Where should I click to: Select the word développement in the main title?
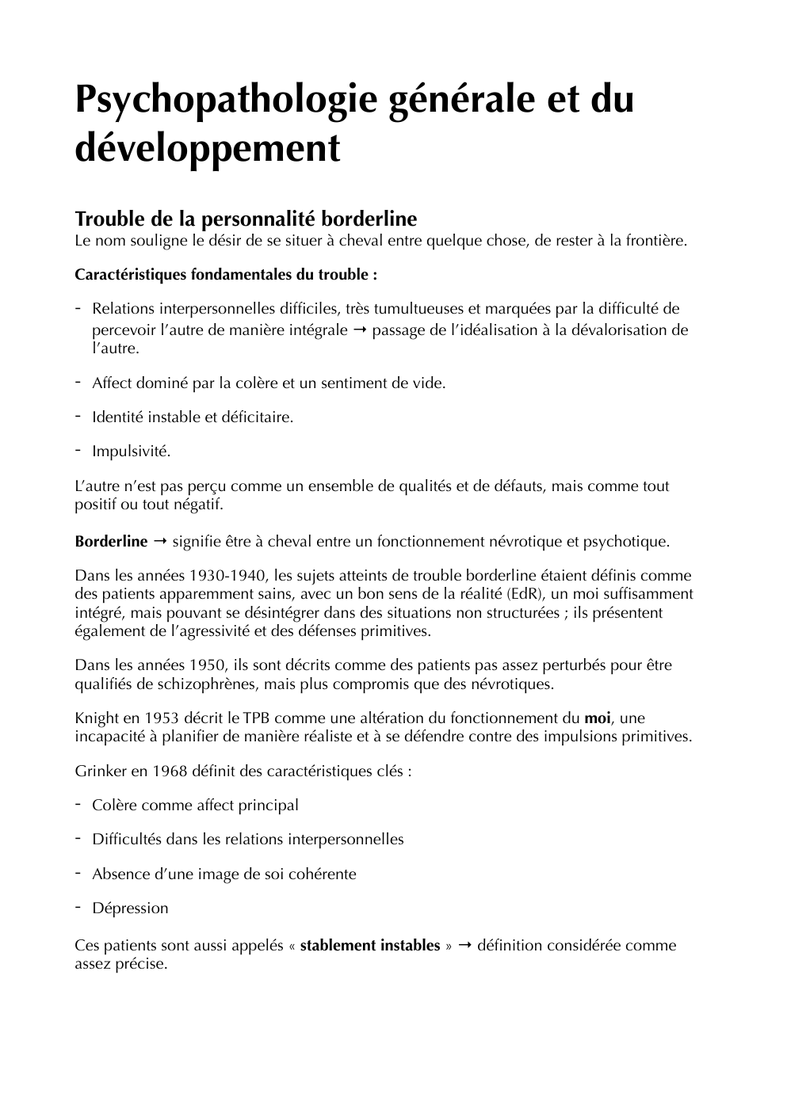[x=207, y=148]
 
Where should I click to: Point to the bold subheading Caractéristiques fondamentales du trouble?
[x=225, y=275]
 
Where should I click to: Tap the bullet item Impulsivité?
[x=131, y=451]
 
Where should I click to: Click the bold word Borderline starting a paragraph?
[x=111, y=542]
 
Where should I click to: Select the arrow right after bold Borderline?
[x=159, y=542]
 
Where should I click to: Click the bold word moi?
[x=598, y=718]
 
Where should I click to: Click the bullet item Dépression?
[x=130, y=908]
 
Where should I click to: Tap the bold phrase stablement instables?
[x=369, y=946]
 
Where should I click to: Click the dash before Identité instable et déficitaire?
[x=79, y=416]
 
